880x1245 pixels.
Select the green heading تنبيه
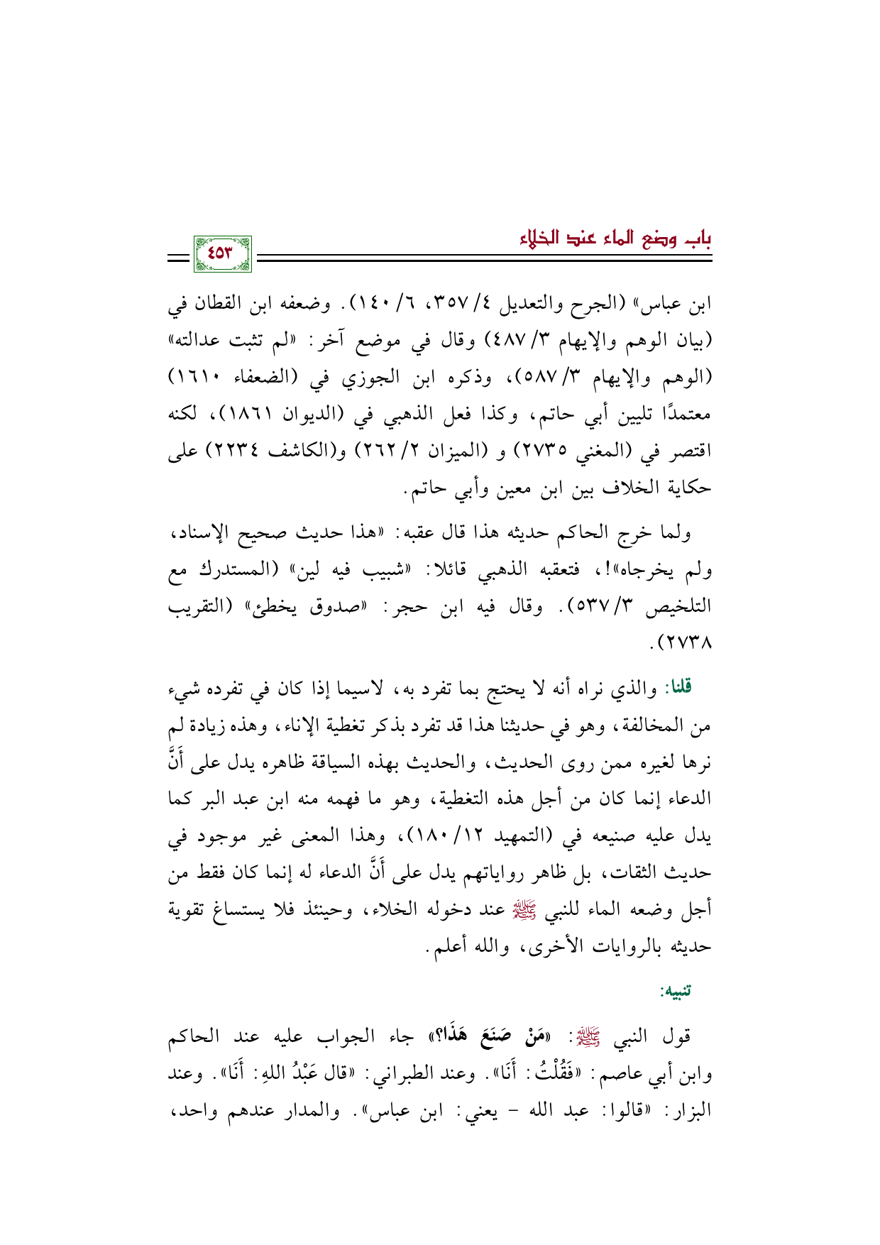pos(676,991)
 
